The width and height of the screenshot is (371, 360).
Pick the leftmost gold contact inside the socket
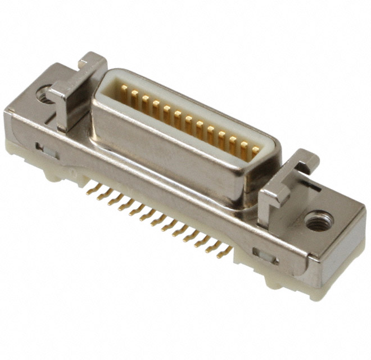(124, 93)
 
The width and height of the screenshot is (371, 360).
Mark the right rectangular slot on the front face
(265, 256)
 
